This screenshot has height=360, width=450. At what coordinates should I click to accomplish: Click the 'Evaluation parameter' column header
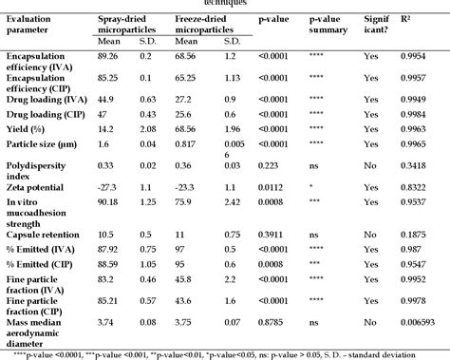click(37, 27)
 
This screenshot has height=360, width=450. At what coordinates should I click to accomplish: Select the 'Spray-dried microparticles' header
click(132, 26)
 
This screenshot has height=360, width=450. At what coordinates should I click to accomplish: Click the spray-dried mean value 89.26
click(110, 56)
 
